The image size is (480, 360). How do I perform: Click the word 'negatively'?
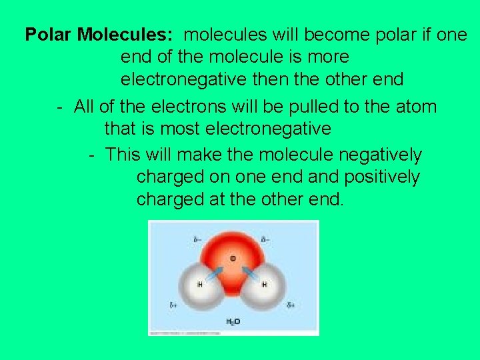pyautogui.click(x=380, y=155)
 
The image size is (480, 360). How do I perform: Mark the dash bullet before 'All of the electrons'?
pyautogui.click(x=60, y=107)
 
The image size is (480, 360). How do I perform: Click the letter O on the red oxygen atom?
pyautogui.click(x=233, y=258)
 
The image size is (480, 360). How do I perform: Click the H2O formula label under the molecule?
pyautogui.click(x=233, y=321)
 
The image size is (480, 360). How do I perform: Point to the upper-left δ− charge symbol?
pyautogui.click(x=197, y=239)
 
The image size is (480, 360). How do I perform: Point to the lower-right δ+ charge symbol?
pyautogui.click(x=291, y=305)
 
